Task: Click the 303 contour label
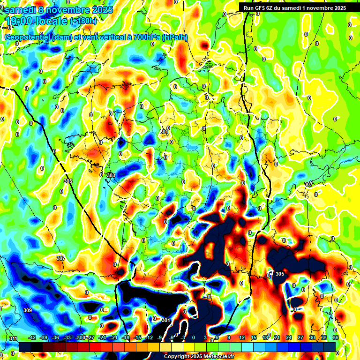[x=111, y=175]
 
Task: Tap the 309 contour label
[x=28, y=310]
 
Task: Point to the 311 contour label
[x=13, y=338]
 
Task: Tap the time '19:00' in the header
[x=19, y=21]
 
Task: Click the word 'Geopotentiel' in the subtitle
[x=28, y=37]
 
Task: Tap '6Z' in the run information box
[x=272, y=8]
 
